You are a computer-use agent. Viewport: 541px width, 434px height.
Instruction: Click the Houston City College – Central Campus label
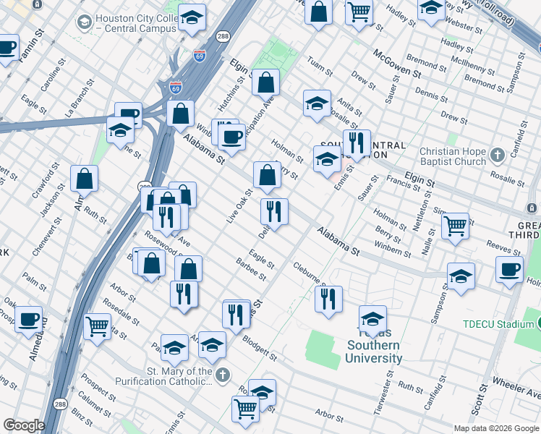coord(135,22)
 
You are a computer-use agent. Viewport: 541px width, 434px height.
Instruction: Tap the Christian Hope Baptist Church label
coord(453,157)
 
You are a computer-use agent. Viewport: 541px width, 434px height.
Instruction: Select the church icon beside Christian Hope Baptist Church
coord(497,155)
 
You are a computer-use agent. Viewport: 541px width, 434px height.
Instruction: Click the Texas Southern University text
coord(374,351)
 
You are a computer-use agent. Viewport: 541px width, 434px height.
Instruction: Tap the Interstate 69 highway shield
coord(176,87)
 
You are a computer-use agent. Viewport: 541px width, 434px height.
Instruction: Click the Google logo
coord(24,425)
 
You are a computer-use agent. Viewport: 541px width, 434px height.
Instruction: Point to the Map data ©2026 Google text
coord(495,428)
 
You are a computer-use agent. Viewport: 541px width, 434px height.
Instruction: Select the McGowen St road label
coord(396,64)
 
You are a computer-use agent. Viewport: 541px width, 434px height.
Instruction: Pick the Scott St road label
coord(479,397)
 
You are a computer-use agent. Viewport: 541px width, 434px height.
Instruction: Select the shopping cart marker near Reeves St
coord(455,226)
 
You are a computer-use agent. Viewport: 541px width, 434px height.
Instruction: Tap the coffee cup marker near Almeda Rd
coord(28,318)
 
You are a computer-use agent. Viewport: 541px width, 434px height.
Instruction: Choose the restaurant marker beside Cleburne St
coord(328,298)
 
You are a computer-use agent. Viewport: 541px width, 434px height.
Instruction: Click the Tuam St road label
coord(320,67)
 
